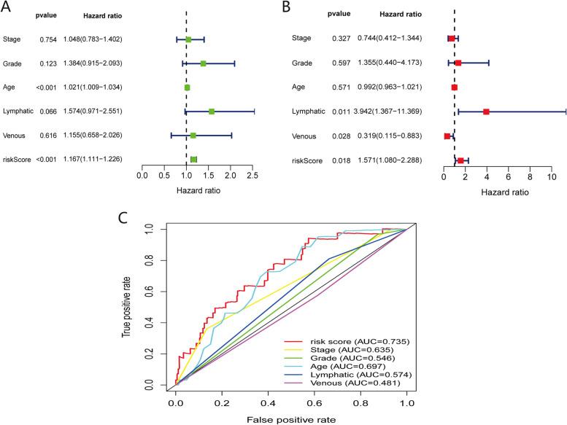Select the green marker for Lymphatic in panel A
click(212, 112)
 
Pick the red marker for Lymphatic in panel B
click(486, 112)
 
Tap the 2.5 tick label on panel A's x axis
click(252, 176)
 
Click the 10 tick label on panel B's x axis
click(552, 176)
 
